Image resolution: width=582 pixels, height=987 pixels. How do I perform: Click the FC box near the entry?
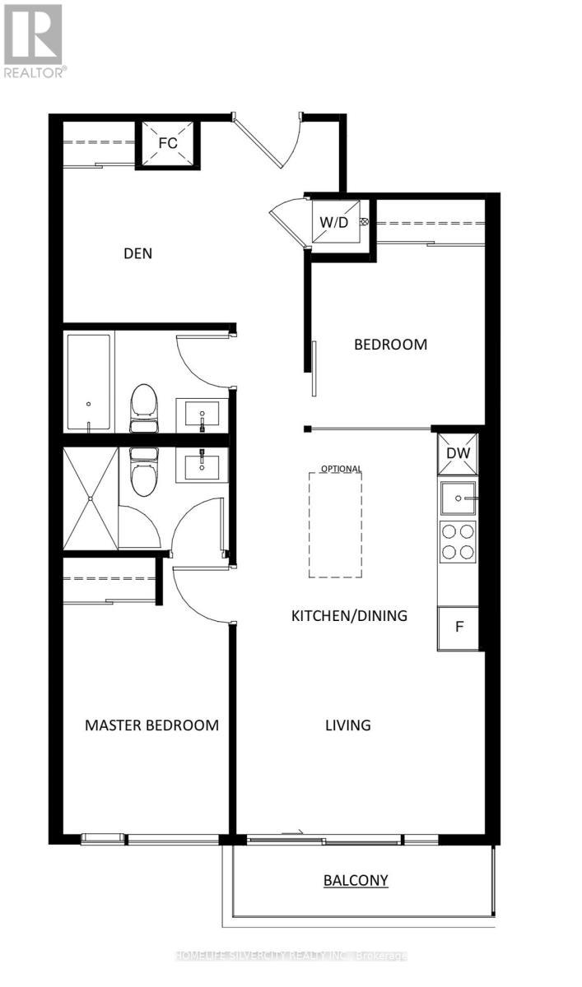[167, 143]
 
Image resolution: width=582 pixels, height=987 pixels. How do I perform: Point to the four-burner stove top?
[457, 541]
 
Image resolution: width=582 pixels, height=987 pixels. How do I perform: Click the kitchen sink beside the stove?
[457, 498]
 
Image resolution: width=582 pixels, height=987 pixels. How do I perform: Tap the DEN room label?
[137, 253]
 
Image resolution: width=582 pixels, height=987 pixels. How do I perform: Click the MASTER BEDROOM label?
[152, 725]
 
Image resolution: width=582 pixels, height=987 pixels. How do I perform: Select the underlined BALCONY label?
[356, 881]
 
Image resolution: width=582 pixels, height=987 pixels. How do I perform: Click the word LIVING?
[347, 725]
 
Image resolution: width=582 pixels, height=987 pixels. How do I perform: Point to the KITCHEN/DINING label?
[349, 615]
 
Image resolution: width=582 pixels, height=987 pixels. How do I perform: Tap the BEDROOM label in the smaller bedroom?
[390, 345]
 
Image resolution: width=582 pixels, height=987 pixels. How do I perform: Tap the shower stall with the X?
[90, 498]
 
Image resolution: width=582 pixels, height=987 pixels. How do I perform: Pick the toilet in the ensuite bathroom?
[144, 472]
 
